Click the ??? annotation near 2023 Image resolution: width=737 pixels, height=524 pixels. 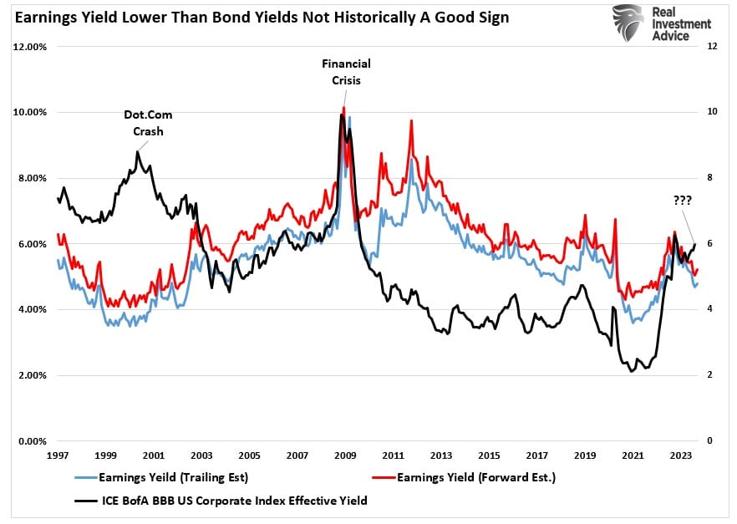(x=687, y=201)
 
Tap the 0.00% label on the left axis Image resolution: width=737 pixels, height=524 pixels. (x=31, y=441)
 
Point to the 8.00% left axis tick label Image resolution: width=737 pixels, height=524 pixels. (x=31, y=178)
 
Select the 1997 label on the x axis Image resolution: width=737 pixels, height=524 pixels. (x=58, y=456)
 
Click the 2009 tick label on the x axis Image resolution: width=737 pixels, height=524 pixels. (x=345, y=456)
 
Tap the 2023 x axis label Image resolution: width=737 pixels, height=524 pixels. (x=680, y=456)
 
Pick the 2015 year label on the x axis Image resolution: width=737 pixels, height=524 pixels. (x=489, y=456)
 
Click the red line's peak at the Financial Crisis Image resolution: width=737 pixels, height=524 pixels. (x=343, y=107)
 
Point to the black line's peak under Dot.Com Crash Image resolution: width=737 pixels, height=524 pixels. (x=137, y=151)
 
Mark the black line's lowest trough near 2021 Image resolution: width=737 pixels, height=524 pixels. (x=632, y=370)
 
